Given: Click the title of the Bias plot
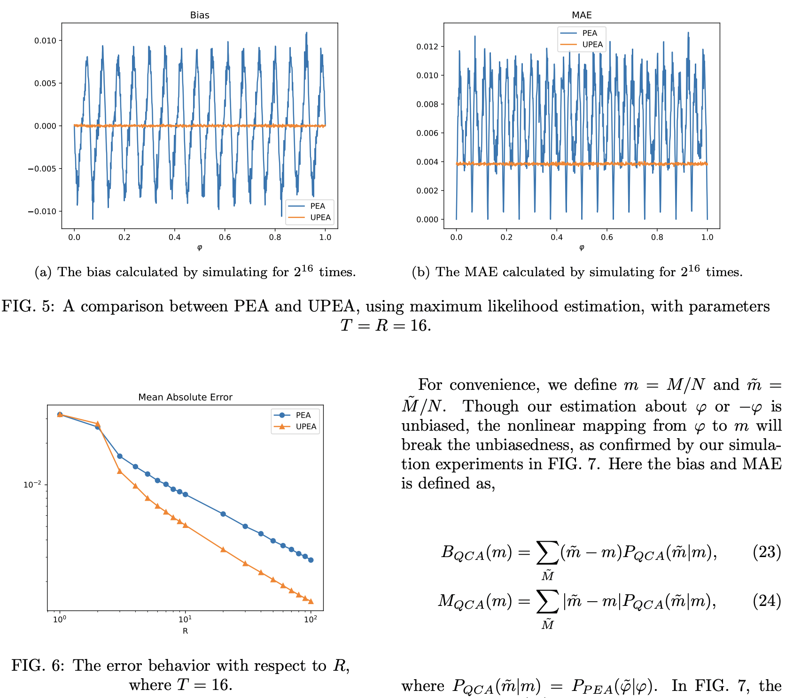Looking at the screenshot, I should [x=200, y=15].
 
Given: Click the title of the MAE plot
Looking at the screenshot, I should [x=582, y=15].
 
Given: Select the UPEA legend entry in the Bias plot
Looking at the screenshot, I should [x=320, y=217].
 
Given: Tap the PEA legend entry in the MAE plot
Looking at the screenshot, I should [x=590, y=33].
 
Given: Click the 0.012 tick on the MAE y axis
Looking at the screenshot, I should [x=427, y=47].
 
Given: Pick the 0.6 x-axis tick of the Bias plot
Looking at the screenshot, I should [x=225, y=237].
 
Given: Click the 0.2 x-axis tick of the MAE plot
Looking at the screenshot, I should [x=506, y=237].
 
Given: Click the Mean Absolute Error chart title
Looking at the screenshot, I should [x=185, y=397].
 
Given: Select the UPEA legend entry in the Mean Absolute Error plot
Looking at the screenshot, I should [x=306, y=427].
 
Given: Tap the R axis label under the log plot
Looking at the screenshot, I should [x=185, y=631].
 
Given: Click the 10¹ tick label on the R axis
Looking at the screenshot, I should [x=185, y=619].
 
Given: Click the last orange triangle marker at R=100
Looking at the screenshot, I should [x=311, y=601].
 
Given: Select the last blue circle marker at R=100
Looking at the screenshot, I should [x=311, y=560].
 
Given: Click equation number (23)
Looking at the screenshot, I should [x=767, y=551].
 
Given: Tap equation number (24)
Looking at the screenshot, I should [x=767, y=600].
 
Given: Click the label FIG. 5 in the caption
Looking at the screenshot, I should [x=28, y=306].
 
